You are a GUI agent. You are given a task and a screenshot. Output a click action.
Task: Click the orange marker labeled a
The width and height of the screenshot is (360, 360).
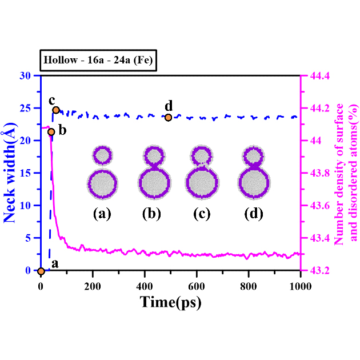(x=41, y=270)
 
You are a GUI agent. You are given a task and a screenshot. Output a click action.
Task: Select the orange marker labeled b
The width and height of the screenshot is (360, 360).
(x=51, y=132)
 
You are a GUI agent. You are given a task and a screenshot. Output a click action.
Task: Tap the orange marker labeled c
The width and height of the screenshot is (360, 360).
(x=56, y=110)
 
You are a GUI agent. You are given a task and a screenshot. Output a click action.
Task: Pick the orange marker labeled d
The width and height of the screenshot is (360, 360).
(x=168, y=117)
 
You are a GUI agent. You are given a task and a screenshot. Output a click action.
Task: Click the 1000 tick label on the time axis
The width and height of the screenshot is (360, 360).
(x=301, y=284)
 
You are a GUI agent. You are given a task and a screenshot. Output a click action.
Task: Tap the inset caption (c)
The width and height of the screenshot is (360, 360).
(x=202, y=215)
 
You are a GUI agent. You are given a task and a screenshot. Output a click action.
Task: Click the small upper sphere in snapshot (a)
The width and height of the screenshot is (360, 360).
(x=102, y=155)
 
